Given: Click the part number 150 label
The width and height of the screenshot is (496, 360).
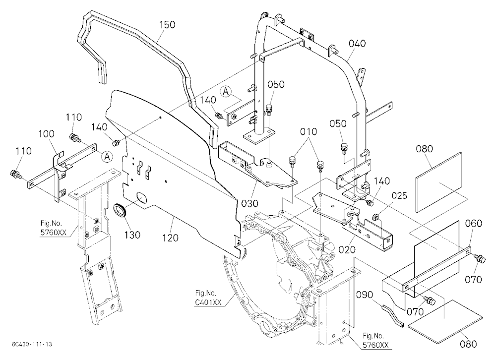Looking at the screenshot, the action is click(167, 25).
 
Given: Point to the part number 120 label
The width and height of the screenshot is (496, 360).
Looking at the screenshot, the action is click(170, 238).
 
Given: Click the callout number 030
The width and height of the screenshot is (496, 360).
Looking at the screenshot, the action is click(250, 203).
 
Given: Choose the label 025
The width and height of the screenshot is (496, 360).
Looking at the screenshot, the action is click(399, 196).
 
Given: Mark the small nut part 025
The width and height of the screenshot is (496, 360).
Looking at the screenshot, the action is click(376, 217).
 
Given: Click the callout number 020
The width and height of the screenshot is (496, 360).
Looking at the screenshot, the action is click(347, 250).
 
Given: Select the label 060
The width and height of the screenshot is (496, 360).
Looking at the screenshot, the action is click(474, 224).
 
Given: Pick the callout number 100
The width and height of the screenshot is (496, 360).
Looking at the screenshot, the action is click(46, 133).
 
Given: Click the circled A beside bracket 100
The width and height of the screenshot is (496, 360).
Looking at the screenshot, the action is click(108, 157).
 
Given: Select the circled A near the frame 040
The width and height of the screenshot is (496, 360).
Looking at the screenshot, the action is click(225, 91).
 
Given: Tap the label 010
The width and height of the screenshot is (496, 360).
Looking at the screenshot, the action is click(309, 131).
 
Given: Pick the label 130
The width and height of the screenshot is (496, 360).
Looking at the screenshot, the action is click(132, 235).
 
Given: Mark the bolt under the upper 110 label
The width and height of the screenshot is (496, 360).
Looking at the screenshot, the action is click(75, 138).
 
